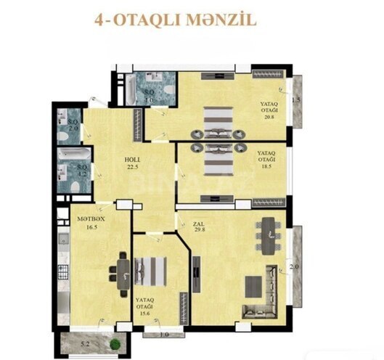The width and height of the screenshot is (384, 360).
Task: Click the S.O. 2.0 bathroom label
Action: (x=73, y=124)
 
